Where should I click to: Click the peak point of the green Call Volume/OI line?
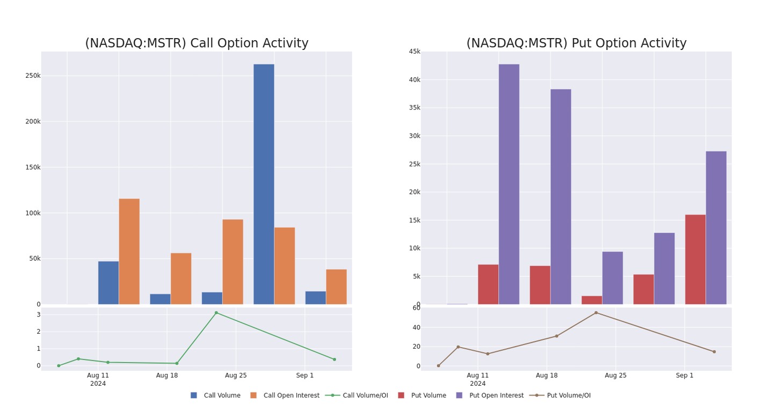coord(216,313)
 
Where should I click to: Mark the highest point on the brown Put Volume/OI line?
coord(596,313)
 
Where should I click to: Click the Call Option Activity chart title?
coord(196,43)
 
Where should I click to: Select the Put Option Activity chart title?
coord(576,43)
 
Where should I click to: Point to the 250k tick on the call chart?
coord(33,76)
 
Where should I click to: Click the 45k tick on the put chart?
coord(414,51)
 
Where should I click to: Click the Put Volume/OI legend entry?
coord(560,395)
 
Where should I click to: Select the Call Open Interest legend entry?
coord(285,395)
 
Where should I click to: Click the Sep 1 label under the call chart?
coord(305,376)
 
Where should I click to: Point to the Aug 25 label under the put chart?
coord(616,376)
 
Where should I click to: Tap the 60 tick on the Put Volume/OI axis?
coord(417,308)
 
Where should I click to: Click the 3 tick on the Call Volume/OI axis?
coord(38,314)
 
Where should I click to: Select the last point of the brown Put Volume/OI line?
coord(714,352)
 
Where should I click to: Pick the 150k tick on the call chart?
coord(33,167)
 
